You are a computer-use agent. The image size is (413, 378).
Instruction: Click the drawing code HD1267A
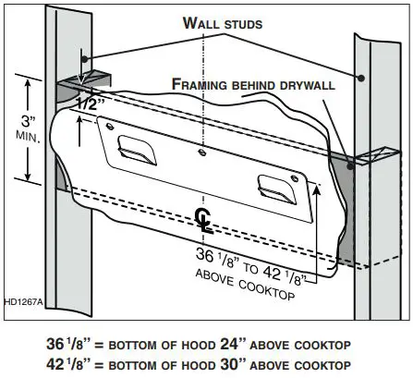click(25, 301)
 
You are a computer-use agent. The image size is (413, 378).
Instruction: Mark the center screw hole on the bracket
click(201, 147)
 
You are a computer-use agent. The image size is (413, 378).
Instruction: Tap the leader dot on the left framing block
click(80, 80)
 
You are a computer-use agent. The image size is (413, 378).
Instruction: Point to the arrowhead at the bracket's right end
click(318, 187)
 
